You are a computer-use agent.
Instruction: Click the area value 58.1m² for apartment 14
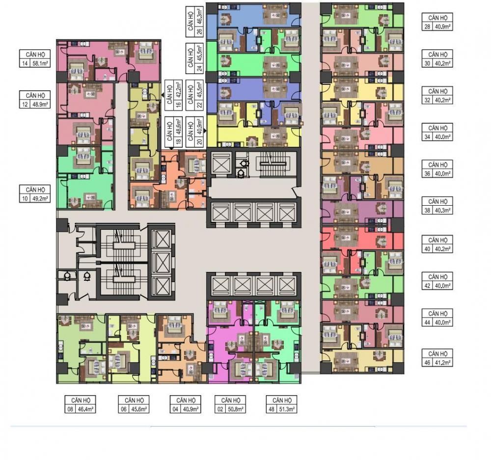[40, 63]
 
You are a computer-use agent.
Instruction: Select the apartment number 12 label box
[25, 104]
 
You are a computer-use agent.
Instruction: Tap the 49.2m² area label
[40, 198]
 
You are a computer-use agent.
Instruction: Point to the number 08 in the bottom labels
[70, 409]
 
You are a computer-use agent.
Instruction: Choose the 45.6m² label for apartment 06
[139, 409]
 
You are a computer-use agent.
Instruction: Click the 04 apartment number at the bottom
[175, 409]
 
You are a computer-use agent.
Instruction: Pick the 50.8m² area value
[235, 409]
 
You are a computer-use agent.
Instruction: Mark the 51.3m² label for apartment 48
[287, 409]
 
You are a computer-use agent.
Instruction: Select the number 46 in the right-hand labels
[427, 363]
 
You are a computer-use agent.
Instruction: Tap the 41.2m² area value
[443, 363]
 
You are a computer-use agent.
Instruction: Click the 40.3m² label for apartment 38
[443, 211]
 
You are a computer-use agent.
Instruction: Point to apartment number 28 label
[427, 27]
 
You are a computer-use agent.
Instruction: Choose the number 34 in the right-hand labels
[427, 137]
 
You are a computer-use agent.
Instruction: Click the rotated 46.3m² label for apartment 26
[199, 17]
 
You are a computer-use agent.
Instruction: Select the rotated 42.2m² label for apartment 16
[179, 90]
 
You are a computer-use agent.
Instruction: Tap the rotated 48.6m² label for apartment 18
[179, 127]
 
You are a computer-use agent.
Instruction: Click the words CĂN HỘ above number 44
[438, 313]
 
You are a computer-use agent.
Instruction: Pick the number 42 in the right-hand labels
[427, 286]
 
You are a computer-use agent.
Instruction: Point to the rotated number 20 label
[199, 141]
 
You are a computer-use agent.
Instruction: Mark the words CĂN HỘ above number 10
[35, 190]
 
